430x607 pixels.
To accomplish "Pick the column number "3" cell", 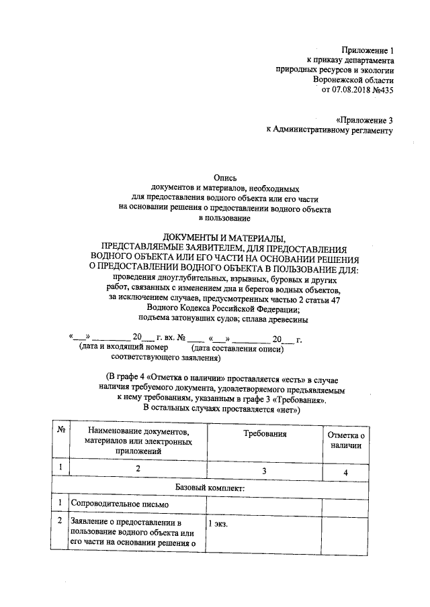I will (265, 470).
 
